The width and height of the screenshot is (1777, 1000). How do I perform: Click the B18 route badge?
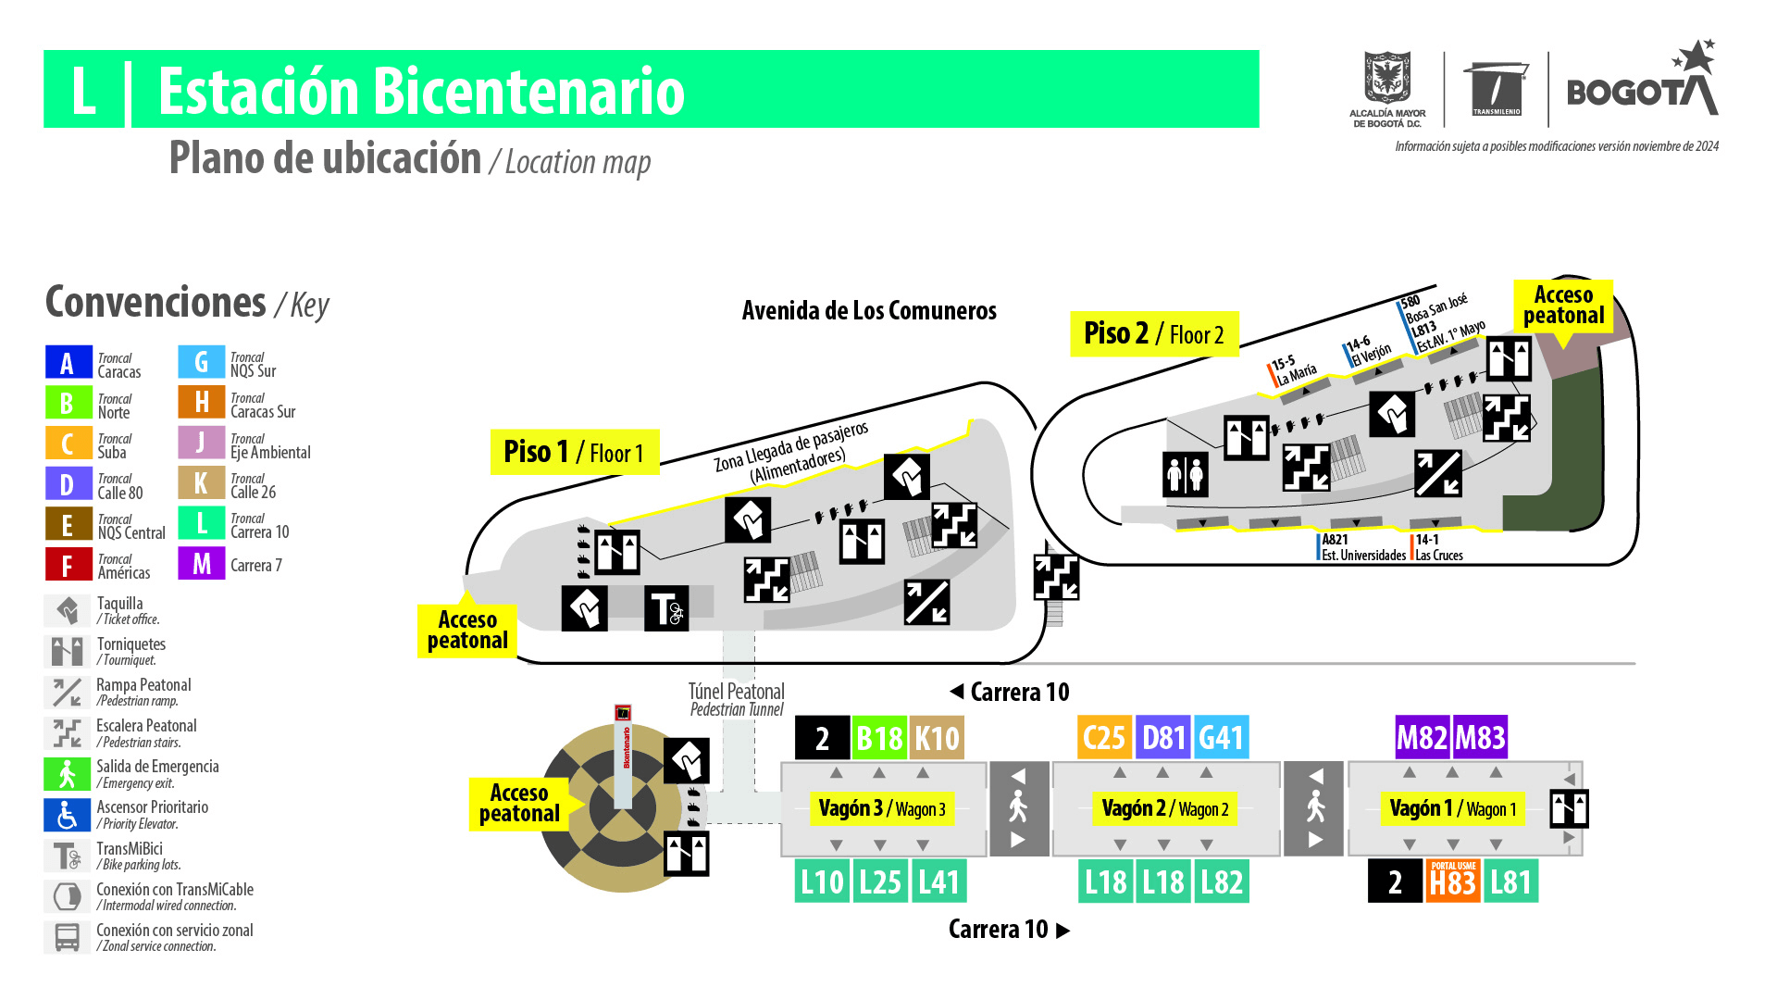(x=878, y=738)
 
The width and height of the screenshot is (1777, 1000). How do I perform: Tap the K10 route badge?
(x=937, y=738)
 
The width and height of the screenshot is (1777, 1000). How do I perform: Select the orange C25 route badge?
(x=1104, y=738)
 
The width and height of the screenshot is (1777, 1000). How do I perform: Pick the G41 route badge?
(x=1221, y=738)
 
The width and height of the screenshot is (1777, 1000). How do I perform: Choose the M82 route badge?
(x=1423, y=738)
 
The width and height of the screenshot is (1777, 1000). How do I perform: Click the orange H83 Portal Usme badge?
(x=1452, y=881)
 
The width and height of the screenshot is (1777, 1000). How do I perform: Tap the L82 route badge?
(x=1221, y=881)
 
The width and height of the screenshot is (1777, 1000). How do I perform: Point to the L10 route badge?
(x=822, y=881)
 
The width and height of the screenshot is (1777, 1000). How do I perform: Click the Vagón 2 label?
(x=1164, y=808)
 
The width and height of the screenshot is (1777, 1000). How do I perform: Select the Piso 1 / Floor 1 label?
(x=574, y=452)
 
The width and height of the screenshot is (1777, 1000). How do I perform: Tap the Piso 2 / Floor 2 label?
(x=1153, y=333)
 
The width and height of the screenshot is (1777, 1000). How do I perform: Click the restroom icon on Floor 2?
(x=1185, y=474)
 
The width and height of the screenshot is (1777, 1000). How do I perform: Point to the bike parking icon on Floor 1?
(x=666, y=608)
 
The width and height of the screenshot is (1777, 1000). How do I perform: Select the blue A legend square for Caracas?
(x=68, y=363)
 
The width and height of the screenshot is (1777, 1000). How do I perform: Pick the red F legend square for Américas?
(x=68, y=564)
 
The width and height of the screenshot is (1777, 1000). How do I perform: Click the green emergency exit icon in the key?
(x=67, y=774)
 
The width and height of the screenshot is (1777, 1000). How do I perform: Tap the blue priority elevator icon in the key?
(x=67, y=815)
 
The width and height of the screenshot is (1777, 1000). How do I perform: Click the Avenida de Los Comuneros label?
(x=869, y=311)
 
